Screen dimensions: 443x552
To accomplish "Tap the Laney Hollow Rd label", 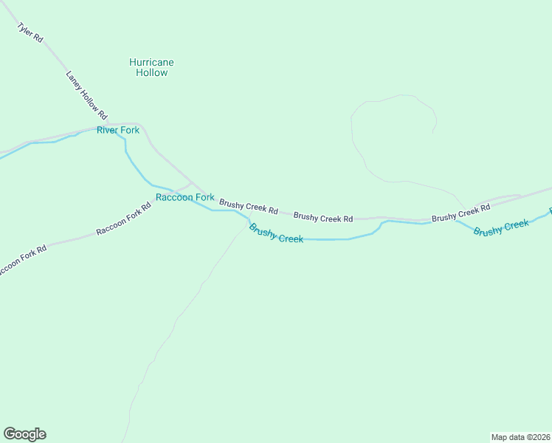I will click(86, 95).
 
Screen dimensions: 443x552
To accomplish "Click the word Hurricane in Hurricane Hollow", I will click(151, 63).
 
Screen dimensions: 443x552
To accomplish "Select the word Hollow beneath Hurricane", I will click(151, 73).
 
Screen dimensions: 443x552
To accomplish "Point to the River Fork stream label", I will click(118, 131).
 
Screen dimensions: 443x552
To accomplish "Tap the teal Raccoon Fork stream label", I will click(184, 197).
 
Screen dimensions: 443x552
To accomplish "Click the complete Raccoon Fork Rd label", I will click(123, 219).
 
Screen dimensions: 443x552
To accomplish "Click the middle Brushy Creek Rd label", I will click(323, 218).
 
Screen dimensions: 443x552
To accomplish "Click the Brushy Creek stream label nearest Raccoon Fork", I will click(276, 233).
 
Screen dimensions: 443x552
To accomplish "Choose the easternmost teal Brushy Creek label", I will click(502, 227).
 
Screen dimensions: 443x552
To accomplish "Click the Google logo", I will click(24, 434).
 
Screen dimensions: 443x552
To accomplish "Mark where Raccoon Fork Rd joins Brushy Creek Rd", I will click(192, 182).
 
